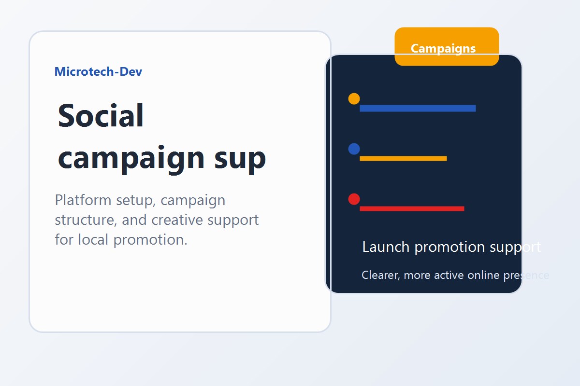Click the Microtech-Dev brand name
[x=98, y=72]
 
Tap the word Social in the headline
[x=101, y=116]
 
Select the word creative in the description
[x=177, y=220]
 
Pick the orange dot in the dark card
[x=354, y=99]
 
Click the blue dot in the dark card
[x=354, y=149]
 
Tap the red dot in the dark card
[x=354, y=199]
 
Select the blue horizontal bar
[x=418, y=108]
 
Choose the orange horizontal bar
[x=403, y=158]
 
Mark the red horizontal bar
[x=412, y=208]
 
